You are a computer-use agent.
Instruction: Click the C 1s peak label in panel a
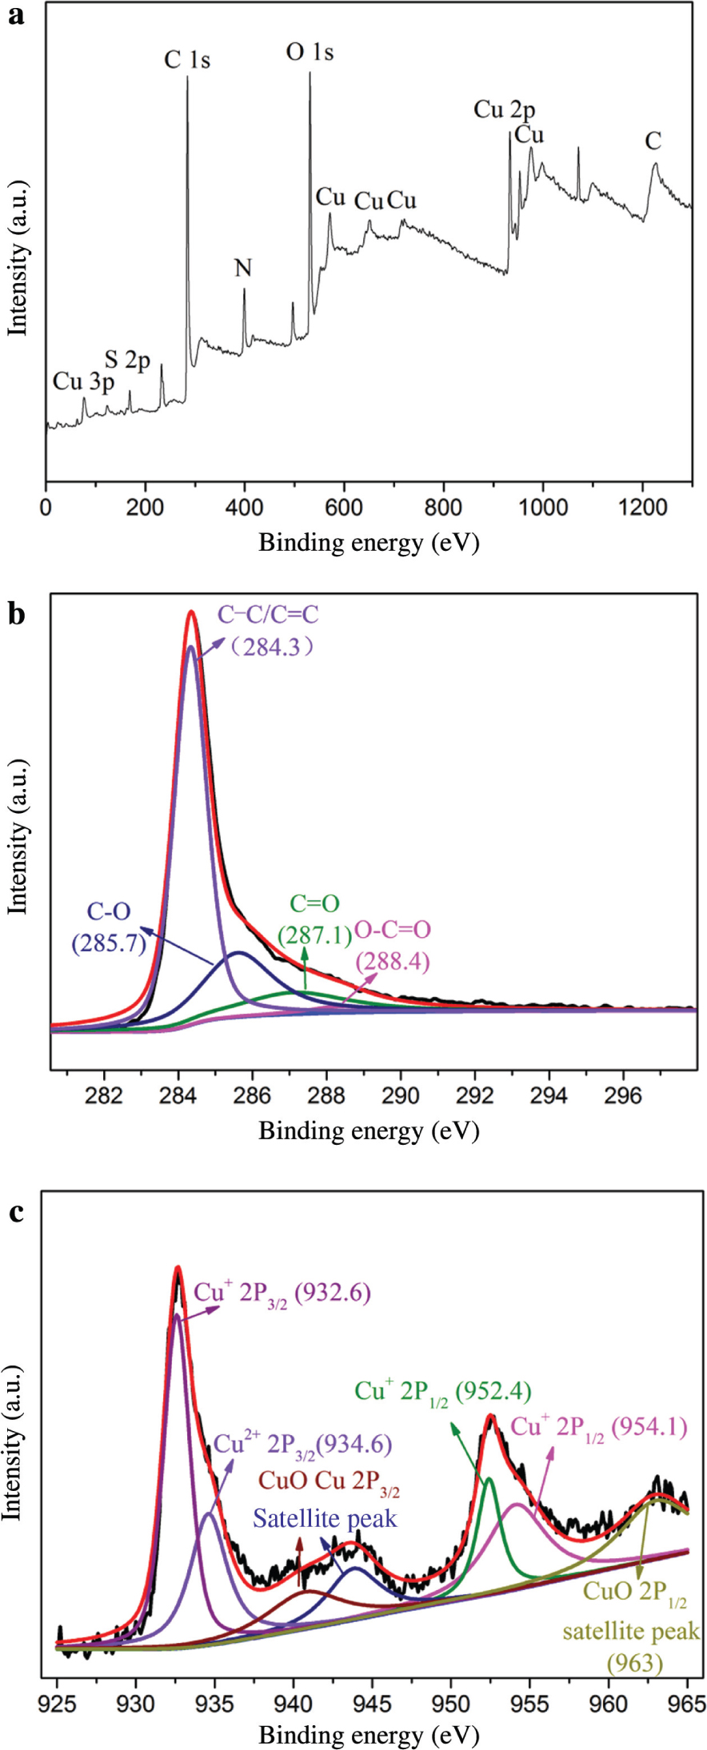pos(187,59)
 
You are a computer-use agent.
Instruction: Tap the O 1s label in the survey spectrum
pos(310,52)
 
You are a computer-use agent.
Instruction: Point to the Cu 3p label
pos(83,382)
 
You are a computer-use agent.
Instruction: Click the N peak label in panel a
pos(243,268)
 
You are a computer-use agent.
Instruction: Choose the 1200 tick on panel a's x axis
pos(641,507)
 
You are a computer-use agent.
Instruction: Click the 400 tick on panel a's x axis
pos(244,507)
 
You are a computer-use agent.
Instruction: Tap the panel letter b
pos(16,613)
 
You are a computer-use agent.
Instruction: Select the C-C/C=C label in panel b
pos(268,614)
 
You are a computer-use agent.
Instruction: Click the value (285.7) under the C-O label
pos(109,943)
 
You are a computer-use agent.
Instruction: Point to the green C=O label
pos(314,904)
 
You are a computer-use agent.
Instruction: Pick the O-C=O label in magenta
pos(393,930)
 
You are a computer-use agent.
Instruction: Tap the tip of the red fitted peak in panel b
pos(191,612)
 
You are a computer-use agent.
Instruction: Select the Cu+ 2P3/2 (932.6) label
pos(282,1293)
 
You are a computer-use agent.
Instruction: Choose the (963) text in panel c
pos(635,1664)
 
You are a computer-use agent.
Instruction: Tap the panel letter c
pos(16,1212)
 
